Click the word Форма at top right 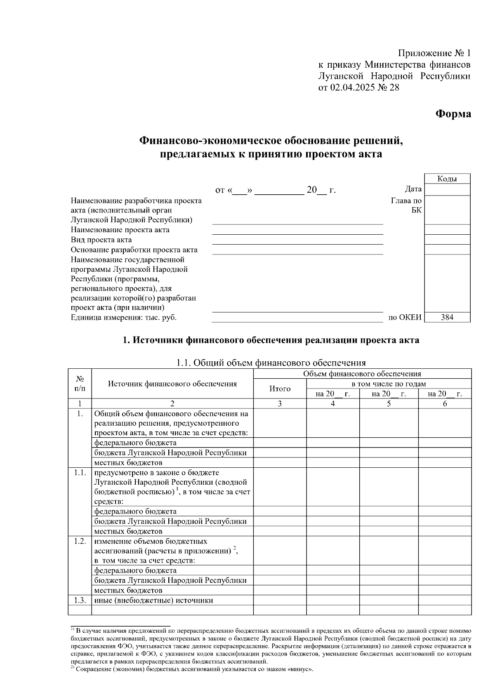[453, 114]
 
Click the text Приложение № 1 [434, 53]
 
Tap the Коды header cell [447, 179]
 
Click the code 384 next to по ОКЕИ [447, 317]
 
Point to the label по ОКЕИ [405, 317]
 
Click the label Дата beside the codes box [413, 189]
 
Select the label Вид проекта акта [101, 240]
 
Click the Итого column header [280, 389]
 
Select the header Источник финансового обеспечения [172, 384]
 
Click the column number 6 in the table [445, 404]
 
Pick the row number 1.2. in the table [80, 541]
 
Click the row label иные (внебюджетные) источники [153, 600]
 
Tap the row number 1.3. [80, 600]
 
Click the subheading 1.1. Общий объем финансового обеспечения [271, 363]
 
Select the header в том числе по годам [388, 384]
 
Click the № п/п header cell [80, 384]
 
